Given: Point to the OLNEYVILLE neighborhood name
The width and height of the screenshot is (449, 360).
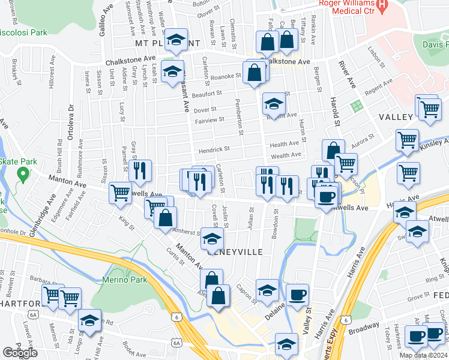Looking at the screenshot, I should tap(235, 252).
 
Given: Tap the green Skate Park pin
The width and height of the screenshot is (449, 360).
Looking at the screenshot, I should tap(23, 175).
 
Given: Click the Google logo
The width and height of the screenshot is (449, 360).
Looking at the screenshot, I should tap(20, 353).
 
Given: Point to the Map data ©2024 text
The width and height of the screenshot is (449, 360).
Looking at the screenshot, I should tap(423, 355).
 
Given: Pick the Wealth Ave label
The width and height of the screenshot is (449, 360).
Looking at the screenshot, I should tap(286, 155).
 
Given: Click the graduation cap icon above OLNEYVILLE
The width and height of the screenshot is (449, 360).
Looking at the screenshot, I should tap(211, 239).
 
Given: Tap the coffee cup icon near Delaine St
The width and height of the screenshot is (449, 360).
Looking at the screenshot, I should tap(297, 295).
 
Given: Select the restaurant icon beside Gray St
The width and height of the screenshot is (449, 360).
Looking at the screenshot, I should tap(137, 170).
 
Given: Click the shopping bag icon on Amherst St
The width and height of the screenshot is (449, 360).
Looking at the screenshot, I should tap(165, 217).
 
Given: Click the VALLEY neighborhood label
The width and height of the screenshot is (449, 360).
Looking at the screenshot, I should tap(396, 117).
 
